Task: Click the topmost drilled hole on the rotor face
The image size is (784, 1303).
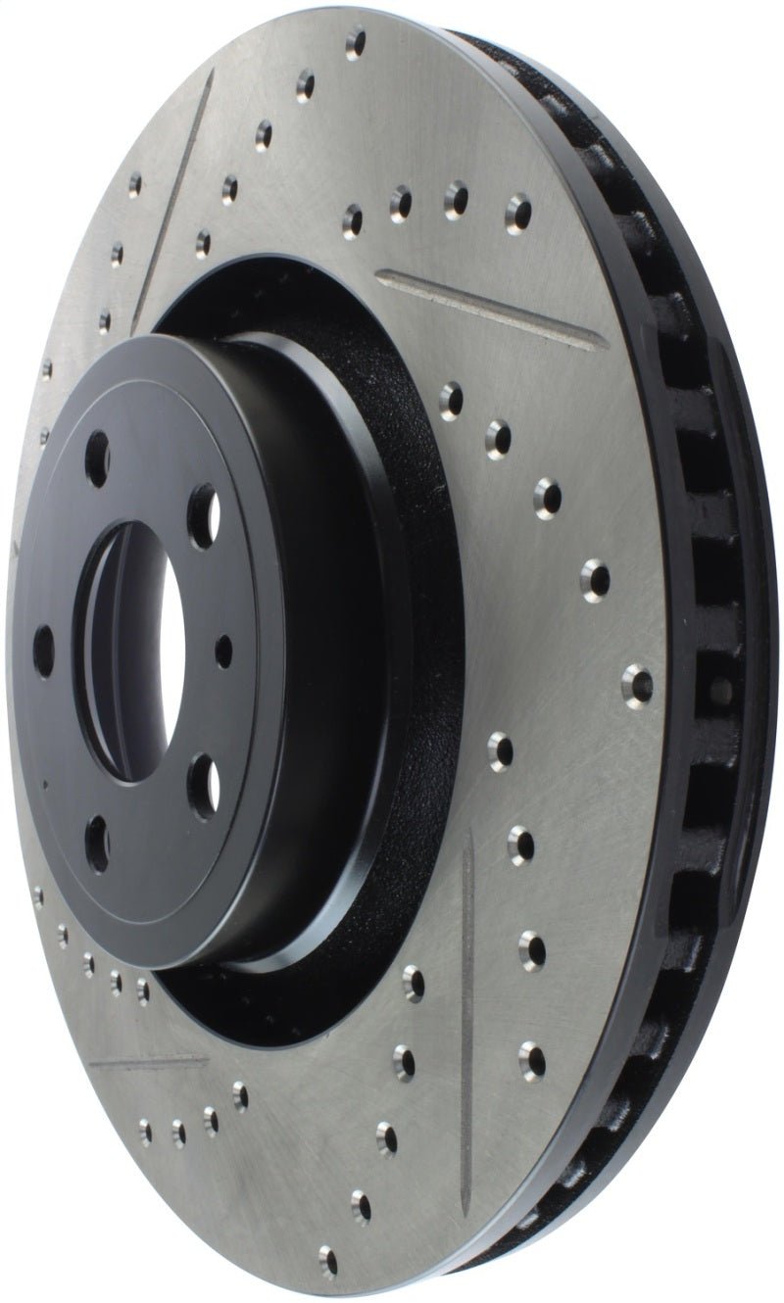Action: coord(355,42)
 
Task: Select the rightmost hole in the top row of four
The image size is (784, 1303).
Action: coord(517,210)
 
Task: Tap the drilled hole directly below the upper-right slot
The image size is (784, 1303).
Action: coord(452,398)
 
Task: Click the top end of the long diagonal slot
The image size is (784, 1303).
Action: coord(209,86)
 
